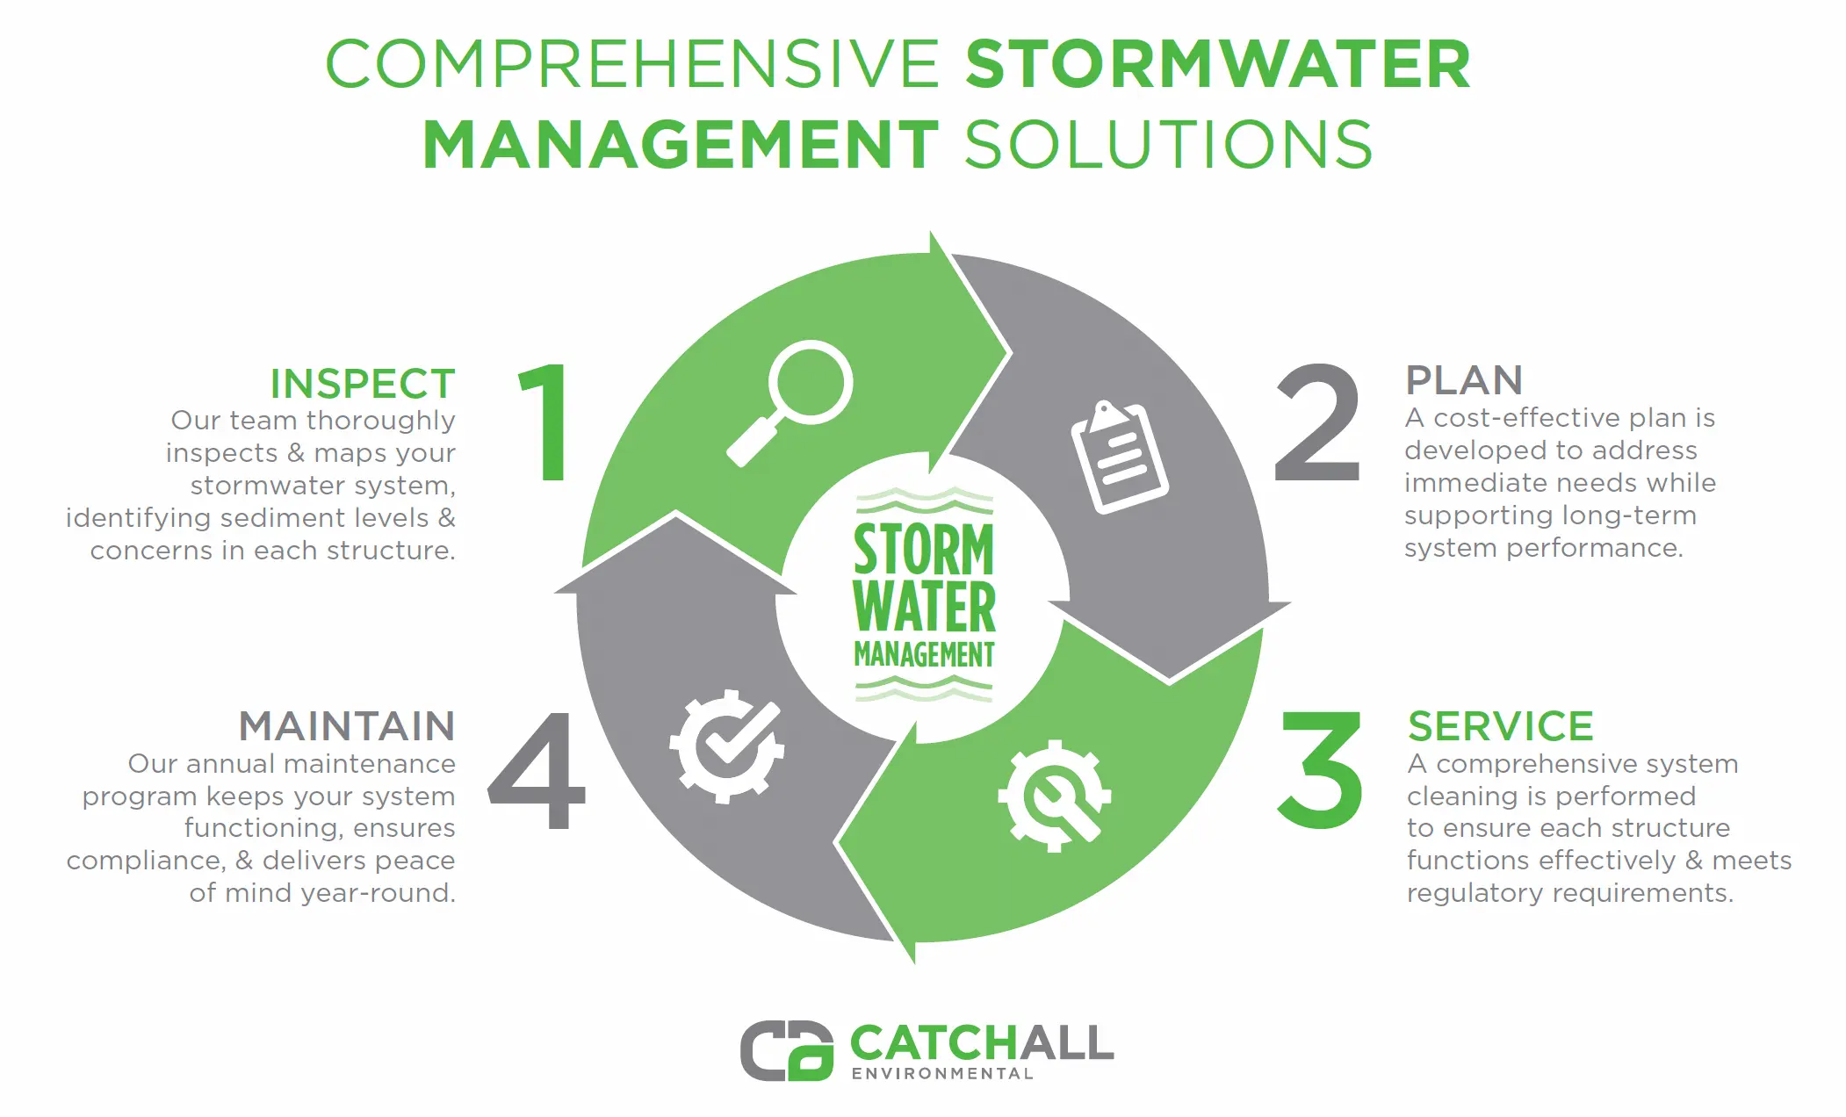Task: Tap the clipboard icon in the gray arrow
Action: tap(1119, 457)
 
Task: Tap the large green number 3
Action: tap(1320, 770)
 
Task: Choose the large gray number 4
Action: tap(537, 770)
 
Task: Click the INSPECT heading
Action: tap(363, 384)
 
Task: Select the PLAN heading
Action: tap(1464, 380)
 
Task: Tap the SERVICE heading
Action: tap(1500, 726)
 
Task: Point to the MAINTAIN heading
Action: tap(347, 726)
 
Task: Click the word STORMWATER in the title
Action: tap(1218, 64)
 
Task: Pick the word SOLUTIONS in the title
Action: tap(1169, 145)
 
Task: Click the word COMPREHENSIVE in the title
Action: tap(633, 64)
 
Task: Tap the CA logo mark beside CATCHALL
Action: tap(786, 1050)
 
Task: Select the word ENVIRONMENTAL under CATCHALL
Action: tap(942, 1074)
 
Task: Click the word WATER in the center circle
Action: tap(924, 607)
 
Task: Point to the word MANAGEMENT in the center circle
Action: tap(924, 654)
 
